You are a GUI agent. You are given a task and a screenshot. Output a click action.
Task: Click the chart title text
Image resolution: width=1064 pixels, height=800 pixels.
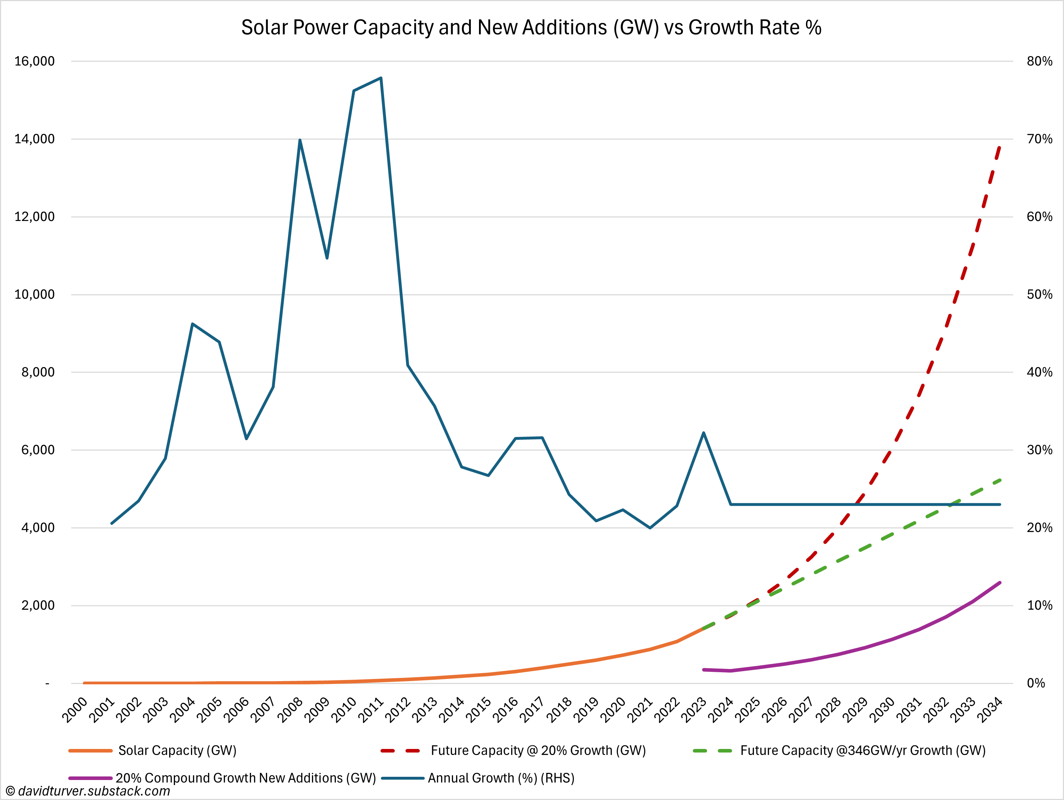pyautogui.click(x=531, y=28)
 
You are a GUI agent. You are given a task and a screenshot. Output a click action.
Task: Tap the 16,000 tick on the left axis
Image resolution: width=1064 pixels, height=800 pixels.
pyautogui.click(x=35, y=61)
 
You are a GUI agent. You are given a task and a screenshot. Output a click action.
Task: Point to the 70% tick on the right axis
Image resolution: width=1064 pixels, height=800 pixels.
pyautogui.click(x=1039, y=139)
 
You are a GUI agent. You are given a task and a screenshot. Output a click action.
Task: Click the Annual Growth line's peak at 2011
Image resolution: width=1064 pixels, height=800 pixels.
pyautogui.click(x=381, y=78)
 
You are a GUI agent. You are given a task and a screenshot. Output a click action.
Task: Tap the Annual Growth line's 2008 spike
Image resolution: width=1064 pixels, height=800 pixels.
pyautogui.click(x=300, y=140)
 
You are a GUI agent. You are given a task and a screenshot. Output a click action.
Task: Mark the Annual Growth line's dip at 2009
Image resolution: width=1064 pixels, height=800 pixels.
pyautogui.click(x=327, y=258)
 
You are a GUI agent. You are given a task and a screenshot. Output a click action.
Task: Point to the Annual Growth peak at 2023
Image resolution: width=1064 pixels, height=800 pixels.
pyautogui.click(x=704, y=433)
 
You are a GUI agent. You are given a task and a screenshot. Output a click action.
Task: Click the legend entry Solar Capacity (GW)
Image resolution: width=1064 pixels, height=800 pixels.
pyautogui.click(x=177, y=750)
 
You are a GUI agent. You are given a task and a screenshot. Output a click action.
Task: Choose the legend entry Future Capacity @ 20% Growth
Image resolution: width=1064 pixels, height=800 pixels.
pyautogui.click(x=538, y=750)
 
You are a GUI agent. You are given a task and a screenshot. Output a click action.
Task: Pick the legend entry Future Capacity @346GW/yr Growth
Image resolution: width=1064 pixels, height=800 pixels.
pyautogui.click(x=862, y=750)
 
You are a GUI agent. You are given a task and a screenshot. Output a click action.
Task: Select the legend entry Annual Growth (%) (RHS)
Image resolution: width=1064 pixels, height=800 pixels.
pyautogui.click(x=501, y=778)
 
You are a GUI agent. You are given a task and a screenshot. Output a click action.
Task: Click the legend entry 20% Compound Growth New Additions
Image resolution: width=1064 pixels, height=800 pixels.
pyautogui.click(x=245, y=778)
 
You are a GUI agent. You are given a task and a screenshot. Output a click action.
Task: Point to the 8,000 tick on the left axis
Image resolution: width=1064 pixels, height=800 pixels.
pyautogui.click(x=38, y=372)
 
